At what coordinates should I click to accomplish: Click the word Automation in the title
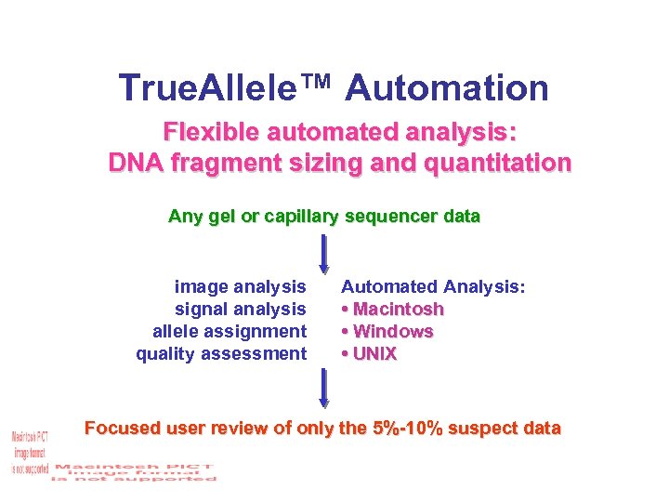tap(447, 88)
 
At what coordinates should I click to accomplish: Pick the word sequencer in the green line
tap(395, 217)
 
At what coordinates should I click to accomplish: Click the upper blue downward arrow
tap(324, 254)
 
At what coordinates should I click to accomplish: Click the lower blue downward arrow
tap(324, 389)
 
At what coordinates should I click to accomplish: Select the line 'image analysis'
tap(240, 286)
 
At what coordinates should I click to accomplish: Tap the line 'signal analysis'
tap(240, 309)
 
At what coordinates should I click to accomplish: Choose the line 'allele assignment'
tap(230, 331)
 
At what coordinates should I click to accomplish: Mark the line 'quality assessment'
tap(221, 353)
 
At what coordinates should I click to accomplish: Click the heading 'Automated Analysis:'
tap(433, 286)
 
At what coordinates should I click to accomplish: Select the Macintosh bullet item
tap(393, 309)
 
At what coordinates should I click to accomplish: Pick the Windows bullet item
tap(387, 331)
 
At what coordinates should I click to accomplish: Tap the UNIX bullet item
tap(370, 353)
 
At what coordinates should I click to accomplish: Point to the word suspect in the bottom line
tap(490, 429)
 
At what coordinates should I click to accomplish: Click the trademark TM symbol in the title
tap(329, 80)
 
